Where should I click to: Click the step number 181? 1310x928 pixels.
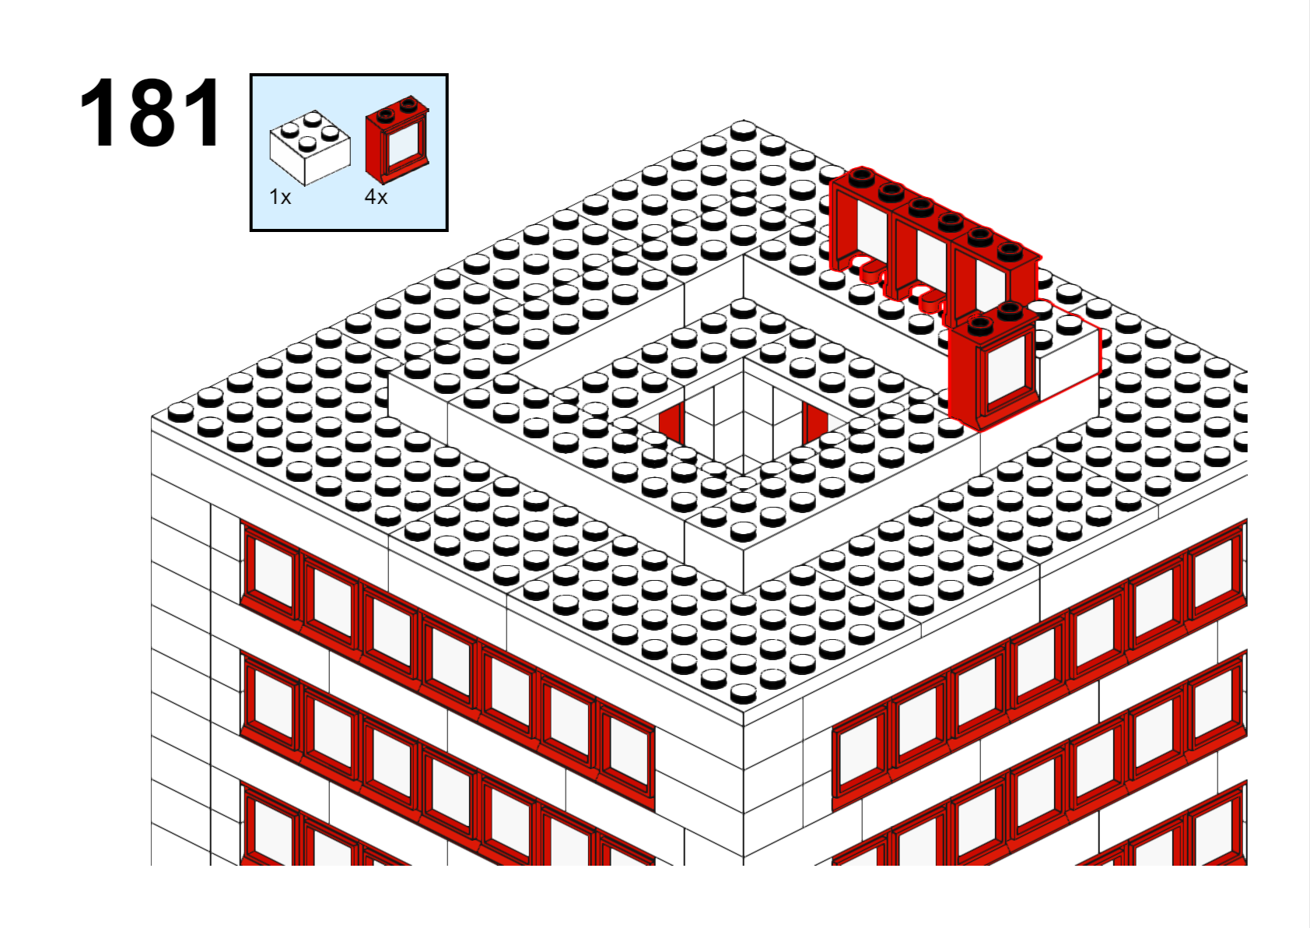[150, 112]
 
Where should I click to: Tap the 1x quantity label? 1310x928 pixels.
[280, 197]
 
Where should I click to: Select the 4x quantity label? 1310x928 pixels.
[376, 197]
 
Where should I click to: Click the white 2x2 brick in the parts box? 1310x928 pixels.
[310, 147]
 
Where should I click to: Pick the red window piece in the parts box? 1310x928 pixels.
[398, 139]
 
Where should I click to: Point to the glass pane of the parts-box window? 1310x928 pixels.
[404, 145]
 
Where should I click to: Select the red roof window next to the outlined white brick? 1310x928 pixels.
[993, 366]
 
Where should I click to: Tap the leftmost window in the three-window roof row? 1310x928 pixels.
[862, 227]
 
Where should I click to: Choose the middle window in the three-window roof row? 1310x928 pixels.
[923, 258]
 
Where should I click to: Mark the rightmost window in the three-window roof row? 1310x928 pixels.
[994, 275]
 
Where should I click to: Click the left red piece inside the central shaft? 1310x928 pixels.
[671, 423]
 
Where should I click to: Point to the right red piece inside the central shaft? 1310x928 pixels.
[815, 423]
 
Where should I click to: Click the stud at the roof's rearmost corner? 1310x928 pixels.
[744, 130]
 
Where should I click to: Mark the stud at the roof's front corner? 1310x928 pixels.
[744, 694]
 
